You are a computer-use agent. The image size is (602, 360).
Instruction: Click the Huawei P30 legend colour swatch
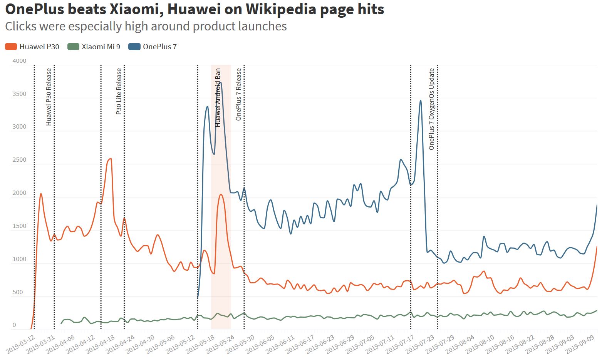point(11,47)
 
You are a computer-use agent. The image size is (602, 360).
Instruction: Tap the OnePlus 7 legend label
point(159,47)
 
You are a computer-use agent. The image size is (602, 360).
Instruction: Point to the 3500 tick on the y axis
point(19,94)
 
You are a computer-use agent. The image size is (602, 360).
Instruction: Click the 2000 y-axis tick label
point(19,193)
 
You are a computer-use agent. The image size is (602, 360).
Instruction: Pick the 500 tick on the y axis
point(18,292)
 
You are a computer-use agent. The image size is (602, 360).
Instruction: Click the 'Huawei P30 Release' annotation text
point(49,97)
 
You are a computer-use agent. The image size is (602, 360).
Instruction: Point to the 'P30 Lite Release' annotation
point(119,91)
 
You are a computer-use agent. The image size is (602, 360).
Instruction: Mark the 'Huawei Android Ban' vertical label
point(218,97)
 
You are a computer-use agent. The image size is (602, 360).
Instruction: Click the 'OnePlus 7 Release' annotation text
point(238,94)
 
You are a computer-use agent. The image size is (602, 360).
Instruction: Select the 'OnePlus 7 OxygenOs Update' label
point(431,109)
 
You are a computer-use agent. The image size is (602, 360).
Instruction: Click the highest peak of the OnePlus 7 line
point(220,82)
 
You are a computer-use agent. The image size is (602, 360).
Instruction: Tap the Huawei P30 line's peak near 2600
point(111,158)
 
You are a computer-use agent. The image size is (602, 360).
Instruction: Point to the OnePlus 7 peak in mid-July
point(421,100)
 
